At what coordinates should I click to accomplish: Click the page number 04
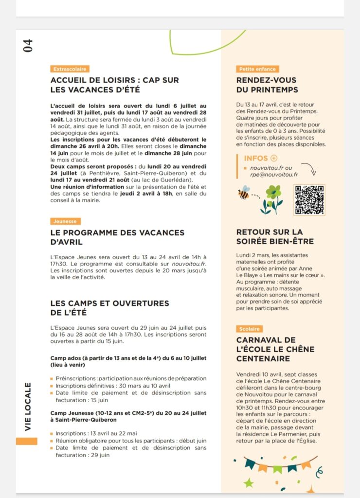pos(28,46)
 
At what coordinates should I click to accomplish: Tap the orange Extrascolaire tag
pos(70,69)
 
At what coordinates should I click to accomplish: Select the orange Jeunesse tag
pos(65,221)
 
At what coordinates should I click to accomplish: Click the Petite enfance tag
pos(257,69)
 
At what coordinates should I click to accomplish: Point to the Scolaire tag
pos(250,329)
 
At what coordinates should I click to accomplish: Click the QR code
pos(309,200)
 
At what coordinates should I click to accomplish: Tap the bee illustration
pos(243,193)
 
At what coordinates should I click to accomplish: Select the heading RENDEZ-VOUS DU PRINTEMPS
pos(267,85)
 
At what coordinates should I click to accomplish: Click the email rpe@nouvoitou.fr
pos(274,175)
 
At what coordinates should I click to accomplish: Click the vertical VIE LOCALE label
pos(28,407)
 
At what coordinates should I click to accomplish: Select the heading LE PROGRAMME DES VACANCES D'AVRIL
pos(117,237)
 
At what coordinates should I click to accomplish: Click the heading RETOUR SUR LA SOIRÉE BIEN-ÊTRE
pos(275,237)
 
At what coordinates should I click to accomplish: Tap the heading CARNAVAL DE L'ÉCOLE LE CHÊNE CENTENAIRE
pos(275,349)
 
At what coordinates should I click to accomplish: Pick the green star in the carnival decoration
pos(249,483)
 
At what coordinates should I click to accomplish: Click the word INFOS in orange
pos(256,158)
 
